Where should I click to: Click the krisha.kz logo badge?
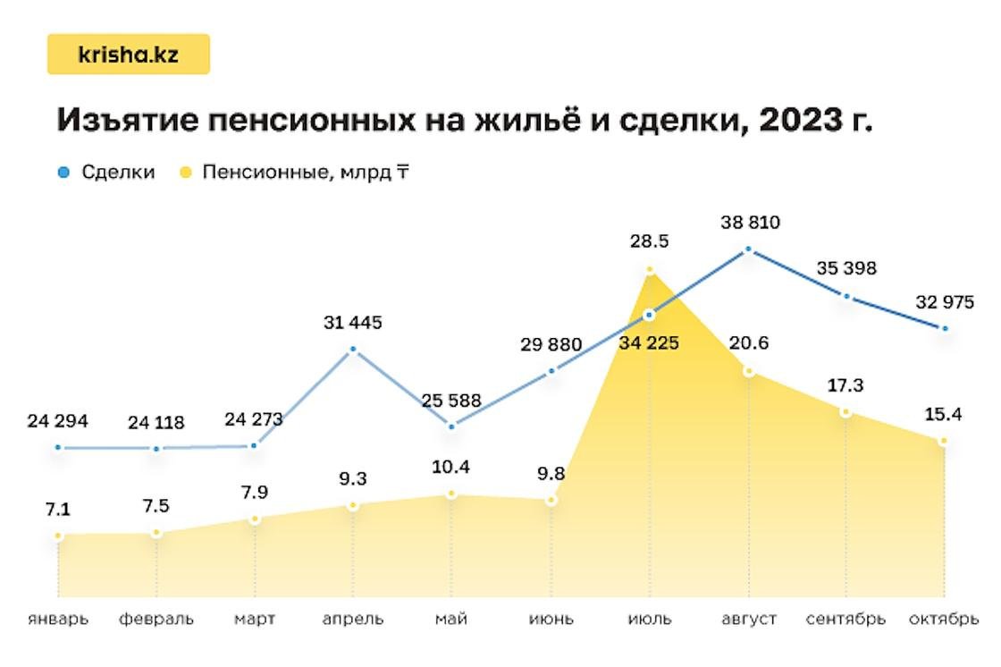pyautogui.click(x=128, y=55)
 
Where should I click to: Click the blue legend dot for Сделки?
pyautogui.click(x=62, y=173)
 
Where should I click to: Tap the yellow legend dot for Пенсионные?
pyautogui.click(x=185, y=173)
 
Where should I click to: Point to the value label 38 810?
pyautogui.click(x=750, y=222)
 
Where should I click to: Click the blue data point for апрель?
pyautogui.click(x=353, y=349)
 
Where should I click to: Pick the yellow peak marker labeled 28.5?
pyautogui.click(x=650, y=269)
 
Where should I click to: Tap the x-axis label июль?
pyautogui.click(x=650, y=619)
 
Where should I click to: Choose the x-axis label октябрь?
pyautogui.click(x=943, y=619)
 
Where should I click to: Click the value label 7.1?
pyautogui.click(x=58, y=510)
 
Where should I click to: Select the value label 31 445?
pyautogui.click(x=353, y=322)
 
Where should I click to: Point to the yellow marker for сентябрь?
pyautogui.click(x=845, y=411)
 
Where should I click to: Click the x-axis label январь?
pyautogui.click(x=58, y=619)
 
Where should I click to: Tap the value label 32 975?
pyautogui.click(x=944, y=302)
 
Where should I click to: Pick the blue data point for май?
pyautogui.click(x=451, y=426)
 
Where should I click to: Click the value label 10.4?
pyautogui.click(x=451, y=467)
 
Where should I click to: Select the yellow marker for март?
pyautogui.click(x=255, y=519)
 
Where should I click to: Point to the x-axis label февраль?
pyautogui.click(x=156, y=619)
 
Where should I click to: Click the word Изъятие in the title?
pyautogui.click(x=125, y=121)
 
